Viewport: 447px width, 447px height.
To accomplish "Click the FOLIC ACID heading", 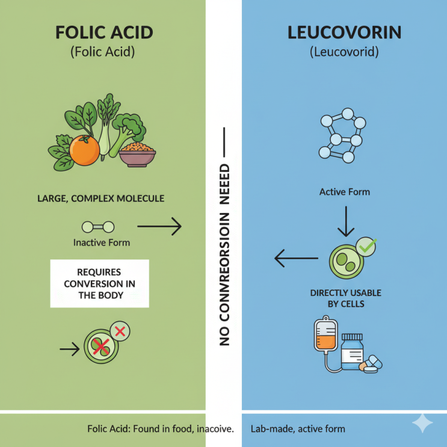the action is click(104, 32).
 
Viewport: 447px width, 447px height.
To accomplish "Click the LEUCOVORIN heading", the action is click(344, 32).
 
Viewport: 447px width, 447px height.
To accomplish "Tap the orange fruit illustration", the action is click(84, 150).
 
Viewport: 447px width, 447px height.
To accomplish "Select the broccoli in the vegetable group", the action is click(128, 131).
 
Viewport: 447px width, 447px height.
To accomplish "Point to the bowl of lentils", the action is click(137, 155).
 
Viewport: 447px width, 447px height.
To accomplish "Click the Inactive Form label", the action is click(102, 242).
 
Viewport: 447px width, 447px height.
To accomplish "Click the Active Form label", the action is click(345, 192).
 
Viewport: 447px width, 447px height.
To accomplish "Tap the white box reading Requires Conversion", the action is click(99, 283).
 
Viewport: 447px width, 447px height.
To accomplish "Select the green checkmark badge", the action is click(366, 247).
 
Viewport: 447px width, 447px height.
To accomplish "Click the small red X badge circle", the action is click(120, 331).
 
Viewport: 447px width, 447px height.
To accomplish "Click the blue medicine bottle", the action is click(353, 352).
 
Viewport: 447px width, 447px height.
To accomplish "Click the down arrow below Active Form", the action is click(346, 221).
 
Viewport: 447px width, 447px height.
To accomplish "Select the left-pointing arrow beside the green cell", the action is click(296, 258).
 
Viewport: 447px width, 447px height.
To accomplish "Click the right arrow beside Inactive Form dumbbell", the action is click(159, 226).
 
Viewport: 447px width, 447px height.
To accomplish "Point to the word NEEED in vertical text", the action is click(224, 184).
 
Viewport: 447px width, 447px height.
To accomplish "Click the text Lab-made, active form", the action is click(298, 429).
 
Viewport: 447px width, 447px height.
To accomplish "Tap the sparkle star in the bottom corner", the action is click(422, 423).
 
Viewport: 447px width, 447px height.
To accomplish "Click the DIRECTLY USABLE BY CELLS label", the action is click(346, 298).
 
